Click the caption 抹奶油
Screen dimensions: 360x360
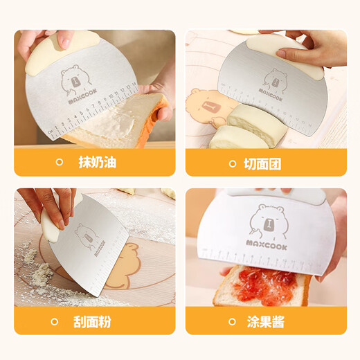pyautogui.click(x=98, y=163)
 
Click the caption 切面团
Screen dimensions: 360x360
pyautogui.click(x=264, y=163)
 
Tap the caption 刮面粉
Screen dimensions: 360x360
pyautogui.click(x=97, y=322)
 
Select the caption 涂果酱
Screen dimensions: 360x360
pyautogui.click(x=264, y=322)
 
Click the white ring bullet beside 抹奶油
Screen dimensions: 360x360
pyautogui.click(x=60, y=163)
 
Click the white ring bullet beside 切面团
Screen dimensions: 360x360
pyautogui.click(x=233, y=163)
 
